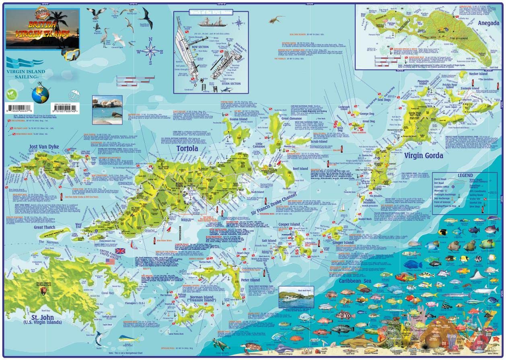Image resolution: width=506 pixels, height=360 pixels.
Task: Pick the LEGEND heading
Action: [x=465, y=176]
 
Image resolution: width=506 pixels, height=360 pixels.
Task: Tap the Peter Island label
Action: [x=250, y=280]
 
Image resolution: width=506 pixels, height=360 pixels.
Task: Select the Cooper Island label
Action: [x=289, y=224]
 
